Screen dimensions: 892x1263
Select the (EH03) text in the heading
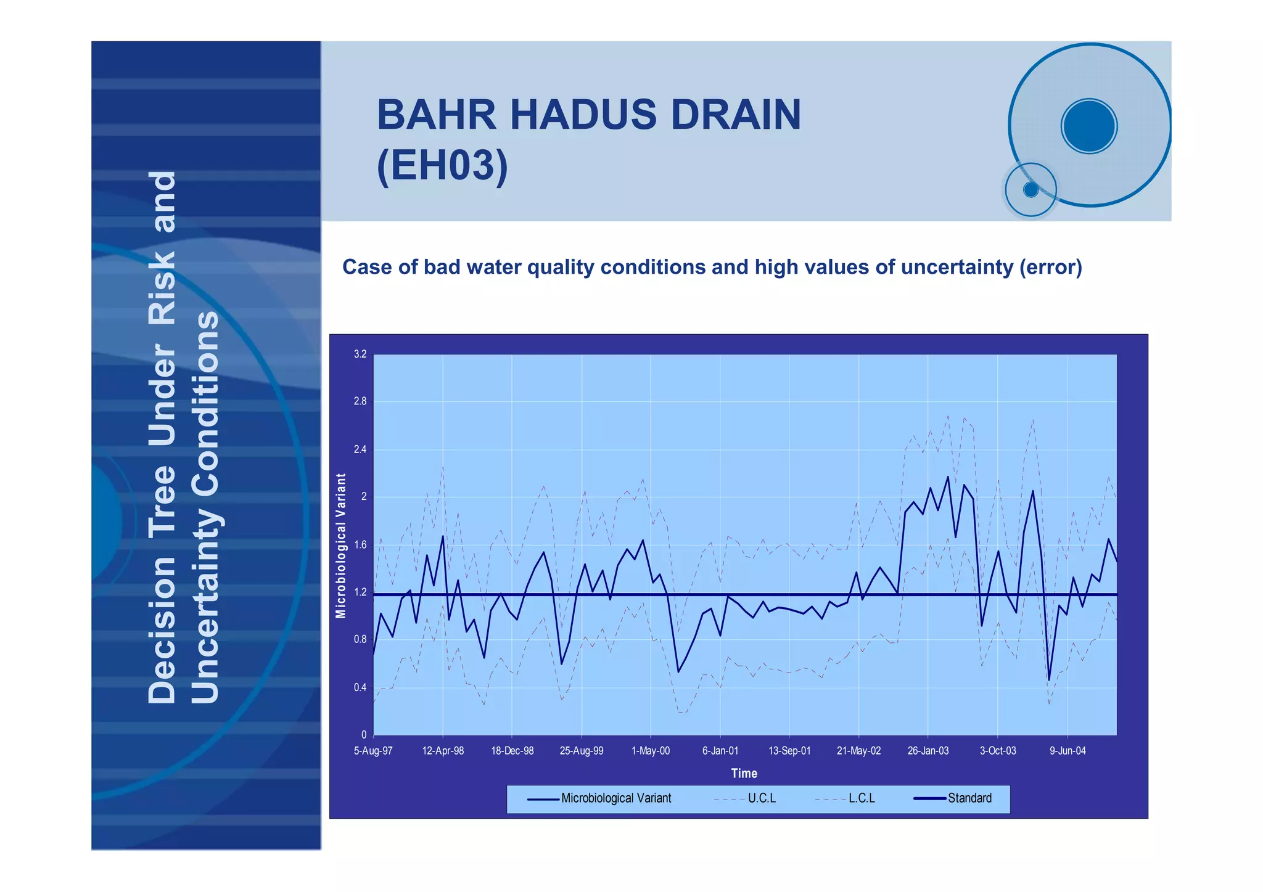pos(442,165)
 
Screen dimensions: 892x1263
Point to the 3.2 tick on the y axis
pos(360,354)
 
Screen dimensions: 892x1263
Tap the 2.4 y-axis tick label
pos(360,449)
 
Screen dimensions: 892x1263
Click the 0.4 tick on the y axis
pos(360,687)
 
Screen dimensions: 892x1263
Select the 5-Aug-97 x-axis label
pos(373,751)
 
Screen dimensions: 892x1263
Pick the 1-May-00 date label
pos(651,751)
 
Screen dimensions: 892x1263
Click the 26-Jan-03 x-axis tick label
pos(928,751)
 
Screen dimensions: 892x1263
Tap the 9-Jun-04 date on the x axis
pos(1068,751)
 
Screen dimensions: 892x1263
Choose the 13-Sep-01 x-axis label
pos(789,751)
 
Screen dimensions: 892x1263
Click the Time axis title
pos(744,773)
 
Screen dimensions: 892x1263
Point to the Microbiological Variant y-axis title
pos(341,546)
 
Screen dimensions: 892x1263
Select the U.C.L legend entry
pos(762,798)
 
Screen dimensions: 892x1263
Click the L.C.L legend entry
pos(862,798)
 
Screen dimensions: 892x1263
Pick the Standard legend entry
pos(969,798)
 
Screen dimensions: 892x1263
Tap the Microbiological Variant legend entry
pos(615,798)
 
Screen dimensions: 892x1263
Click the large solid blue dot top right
pos(1089,126)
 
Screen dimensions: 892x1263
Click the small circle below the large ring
pos(1031,190)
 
